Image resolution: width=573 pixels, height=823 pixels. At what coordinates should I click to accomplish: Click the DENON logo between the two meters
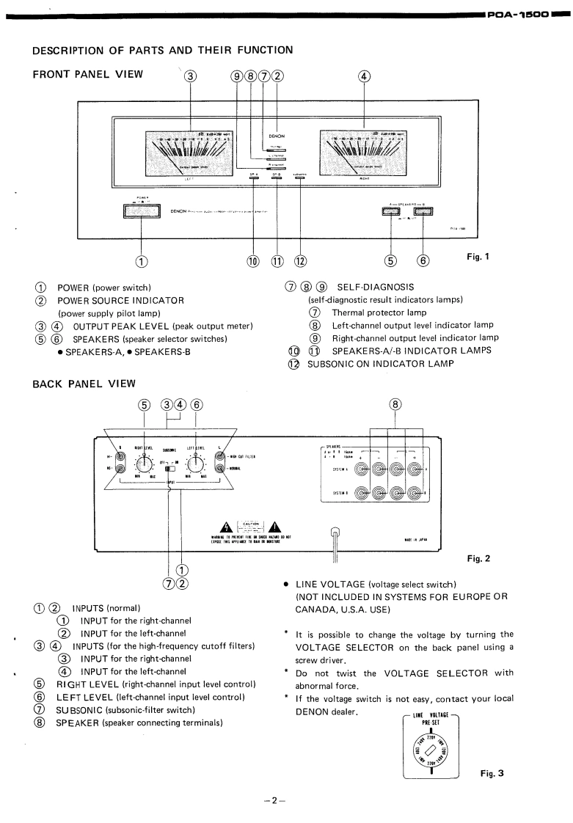coord(276,136)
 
